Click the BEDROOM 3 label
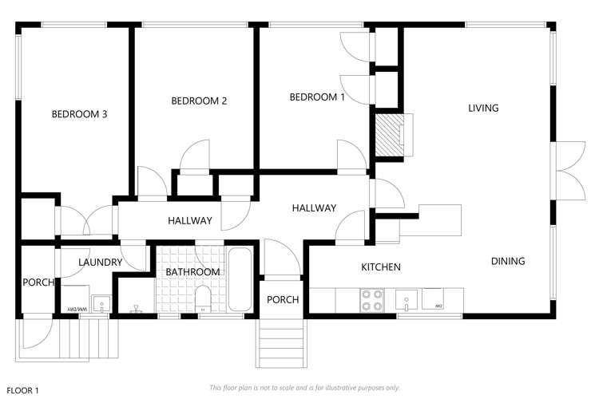[79, 114]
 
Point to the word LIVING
[483, 108]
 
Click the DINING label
[508, 261]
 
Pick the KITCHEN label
[380, 267]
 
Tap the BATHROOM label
[192, 272]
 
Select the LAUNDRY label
[100, 262]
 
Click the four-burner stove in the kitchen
[372, 299]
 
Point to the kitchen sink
[406, 299]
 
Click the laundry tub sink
[102, 304]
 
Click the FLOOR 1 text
[22, 390]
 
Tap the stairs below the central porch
[280, 342]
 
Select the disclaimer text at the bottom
[304, 387]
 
